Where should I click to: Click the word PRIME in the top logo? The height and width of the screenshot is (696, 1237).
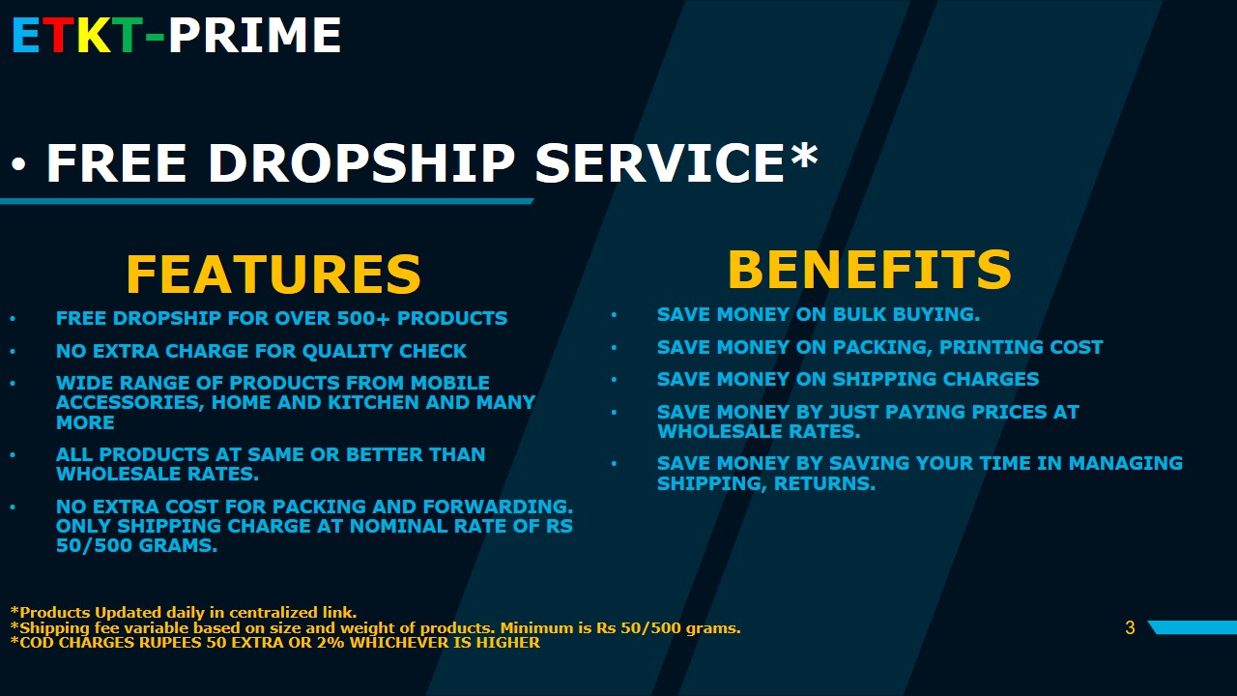(x=254, y=36)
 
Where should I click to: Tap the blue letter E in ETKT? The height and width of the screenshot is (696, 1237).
(x=26, y=36)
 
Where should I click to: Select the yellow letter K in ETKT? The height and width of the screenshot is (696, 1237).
(x=94, y=36)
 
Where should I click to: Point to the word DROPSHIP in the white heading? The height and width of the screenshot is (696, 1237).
(x=361, y=162)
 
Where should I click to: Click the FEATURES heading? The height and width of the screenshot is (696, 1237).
(x=273, y=274)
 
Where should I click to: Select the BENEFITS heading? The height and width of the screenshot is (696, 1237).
(x=870, y=270)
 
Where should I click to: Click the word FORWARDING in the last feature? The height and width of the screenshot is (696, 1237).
(x=498, y=507)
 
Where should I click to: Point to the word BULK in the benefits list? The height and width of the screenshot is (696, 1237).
(x=859, y=314)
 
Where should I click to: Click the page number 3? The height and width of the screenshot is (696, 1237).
(x=1130, y=628)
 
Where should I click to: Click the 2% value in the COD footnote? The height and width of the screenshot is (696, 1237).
(x=331, y=643)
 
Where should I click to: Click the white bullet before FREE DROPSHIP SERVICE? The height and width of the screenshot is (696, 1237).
(x=18, y=163)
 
